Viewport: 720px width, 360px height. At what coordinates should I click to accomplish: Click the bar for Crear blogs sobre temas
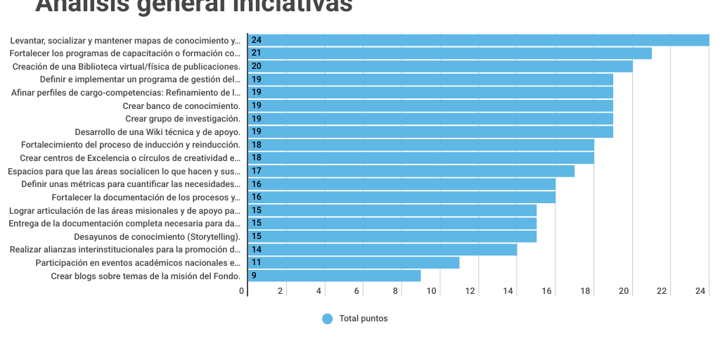pos(335,276)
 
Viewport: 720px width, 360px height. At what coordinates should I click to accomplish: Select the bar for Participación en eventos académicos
pos(354,262)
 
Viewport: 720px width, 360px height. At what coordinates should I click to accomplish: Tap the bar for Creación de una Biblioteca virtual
pos(440,66)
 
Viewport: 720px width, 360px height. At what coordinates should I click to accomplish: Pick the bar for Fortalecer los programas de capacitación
pos(450,53)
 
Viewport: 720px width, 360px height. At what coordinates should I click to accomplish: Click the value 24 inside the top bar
pos(257,40)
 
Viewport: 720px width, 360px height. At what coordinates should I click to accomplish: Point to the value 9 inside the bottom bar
pos(254,276)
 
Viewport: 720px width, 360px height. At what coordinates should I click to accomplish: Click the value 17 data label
pos(257,171)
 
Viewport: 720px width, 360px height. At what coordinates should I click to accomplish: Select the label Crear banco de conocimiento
pos(181,105)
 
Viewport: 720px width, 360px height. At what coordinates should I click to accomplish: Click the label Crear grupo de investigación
pos(183,119)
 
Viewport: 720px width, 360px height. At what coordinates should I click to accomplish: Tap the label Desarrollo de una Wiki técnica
pos(157,131)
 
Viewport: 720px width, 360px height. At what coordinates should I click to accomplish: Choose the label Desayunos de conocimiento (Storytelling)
pos(157,236)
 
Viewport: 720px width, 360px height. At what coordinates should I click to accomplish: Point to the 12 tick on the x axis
pos(470,291)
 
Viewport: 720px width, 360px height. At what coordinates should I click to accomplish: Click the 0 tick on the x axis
pos(242,291)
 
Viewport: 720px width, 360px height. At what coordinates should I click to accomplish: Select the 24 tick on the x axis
pos(700,291)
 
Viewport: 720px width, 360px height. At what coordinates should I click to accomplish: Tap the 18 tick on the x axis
pos(585,291)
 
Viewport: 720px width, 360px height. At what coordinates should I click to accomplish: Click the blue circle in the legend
pos(327,319)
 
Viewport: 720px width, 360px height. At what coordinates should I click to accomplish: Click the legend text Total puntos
pos(364,319)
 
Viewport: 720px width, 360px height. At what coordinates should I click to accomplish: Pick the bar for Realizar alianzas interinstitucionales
pos(382,250)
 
